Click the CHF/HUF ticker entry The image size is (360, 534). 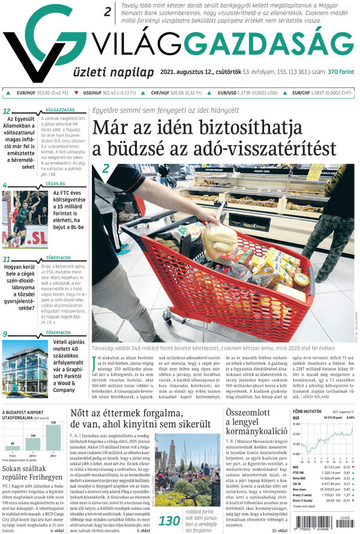[x=175, y=93]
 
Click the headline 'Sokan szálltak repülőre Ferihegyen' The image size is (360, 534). [x=33, y=474]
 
